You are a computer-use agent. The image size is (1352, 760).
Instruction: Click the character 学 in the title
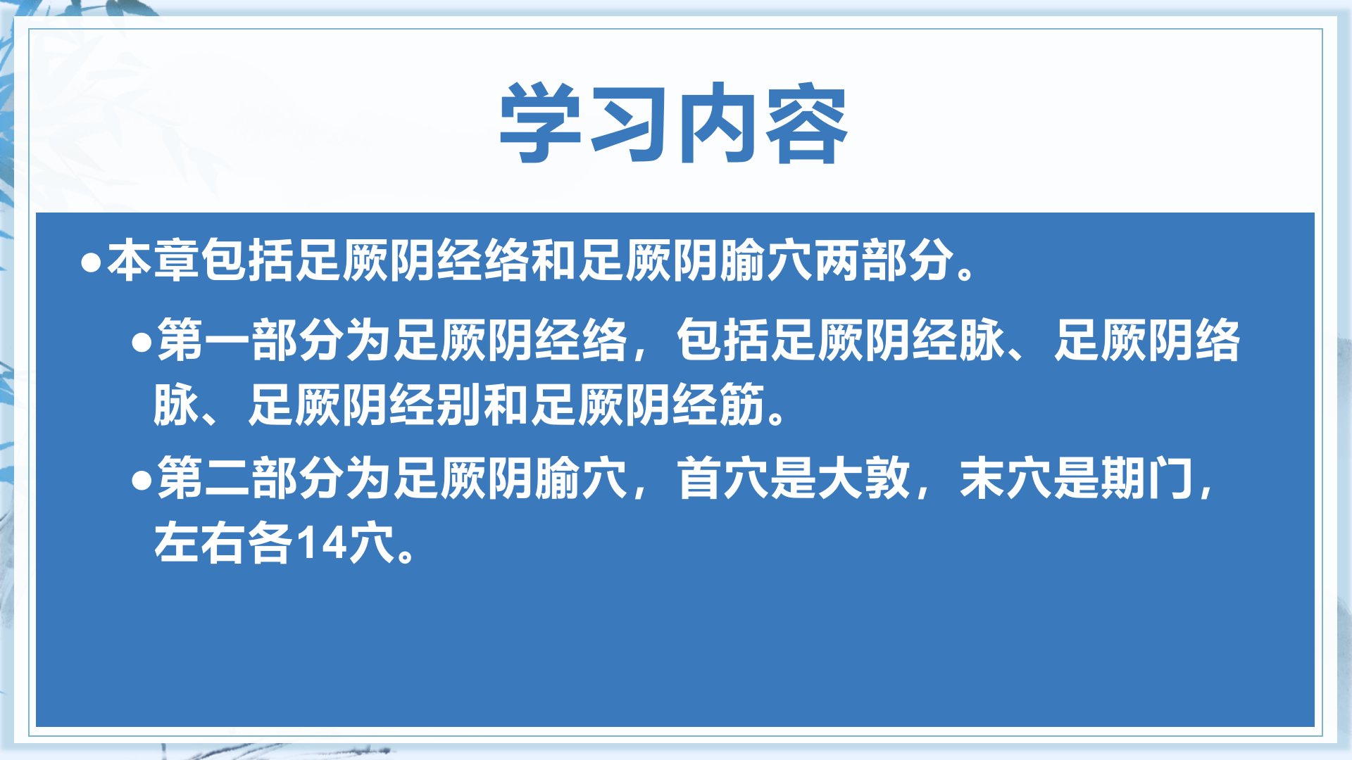click(x=541, y=123)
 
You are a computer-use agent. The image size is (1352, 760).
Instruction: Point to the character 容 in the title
click(x=806, y=123)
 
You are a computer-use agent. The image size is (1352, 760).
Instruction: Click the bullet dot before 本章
click(x=92, y=263)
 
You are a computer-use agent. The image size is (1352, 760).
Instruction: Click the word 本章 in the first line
click(x=154, y=260)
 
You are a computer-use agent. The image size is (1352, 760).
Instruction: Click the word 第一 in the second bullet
click(x=204, y=340)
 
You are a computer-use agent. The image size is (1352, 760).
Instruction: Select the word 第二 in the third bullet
click(x=204, y=478)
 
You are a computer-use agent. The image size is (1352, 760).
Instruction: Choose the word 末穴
click(x=1006, y=478)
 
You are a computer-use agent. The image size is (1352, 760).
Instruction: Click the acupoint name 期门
click(x=1148, y=478)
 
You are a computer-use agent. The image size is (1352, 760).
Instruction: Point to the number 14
click(x=321, y=543)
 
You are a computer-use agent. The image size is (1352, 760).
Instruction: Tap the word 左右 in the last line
click(x=201, y=543)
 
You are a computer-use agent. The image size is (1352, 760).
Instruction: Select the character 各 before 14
click(x=271, y=543)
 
